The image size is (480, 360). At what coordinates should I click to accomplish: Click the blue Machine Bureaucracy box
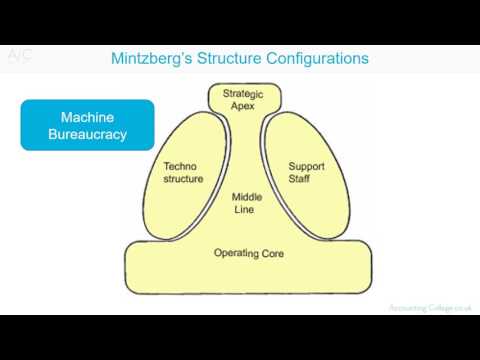pyautogui.click(x=88, y=125)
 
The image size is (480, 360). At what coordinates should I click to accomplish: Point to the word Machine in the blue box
pyautogui.click(x=88, y=116)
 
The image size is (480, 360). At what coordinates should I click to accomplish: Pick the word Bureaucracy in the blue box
pyautogui.click(x=88, y=134)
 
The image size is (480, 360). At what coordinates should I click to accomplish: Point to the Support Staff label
pyautogui.click(x=306, y=172)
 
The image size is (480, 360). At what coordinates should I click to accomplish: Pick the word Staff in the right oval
pyautogui.click(x=306, y=179)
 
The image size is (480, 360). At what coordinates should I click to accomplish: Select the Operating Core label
pyautogui.click(x=249, y=253)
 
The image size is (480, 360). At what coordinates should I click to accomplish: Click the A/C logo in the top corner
pyautogui.click(x=19, y=56)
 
